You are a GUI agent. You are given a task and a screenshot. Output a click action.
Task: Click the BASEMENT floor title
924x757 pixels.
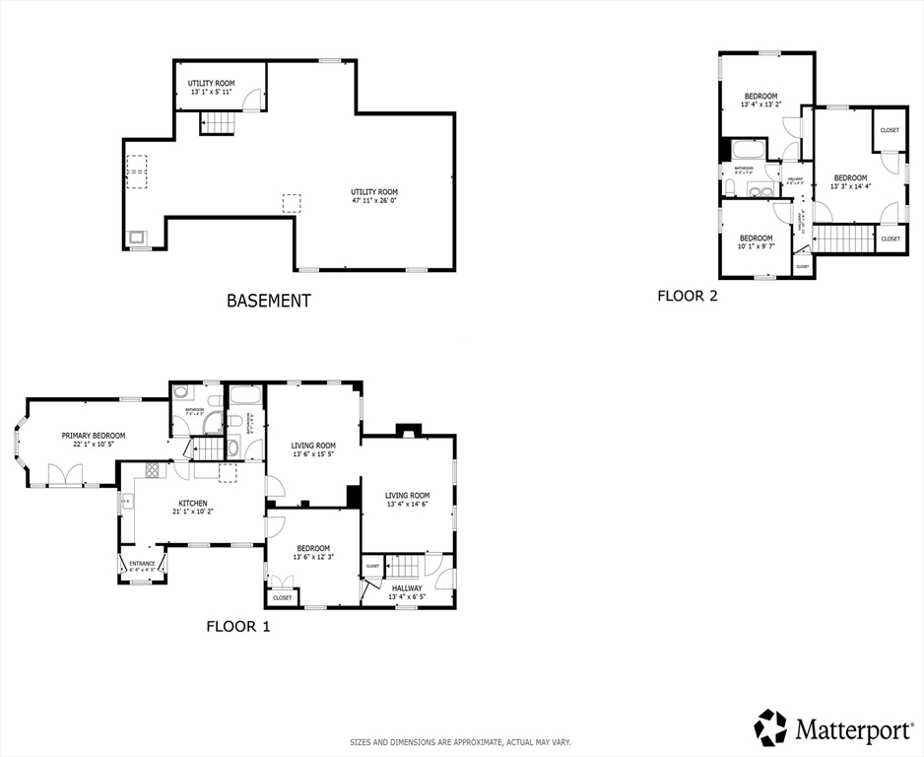point(269,301)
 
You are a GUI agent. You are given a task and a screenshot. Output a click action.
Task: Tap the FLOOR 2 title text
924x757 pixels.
point(688,295)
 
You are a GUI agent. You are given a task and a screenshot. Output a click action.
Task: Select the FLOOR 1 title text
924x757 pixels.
point(237,625)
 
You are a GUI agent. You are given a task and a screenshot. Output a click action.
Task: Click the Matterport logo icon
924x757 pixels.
point(770,727)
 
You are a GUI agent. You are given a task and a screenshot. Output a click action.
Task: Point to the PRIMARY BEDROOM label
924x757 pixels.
point(94,435)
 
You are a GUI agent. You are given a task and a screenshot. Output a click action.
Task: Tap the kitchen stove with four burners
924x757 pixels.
point(153,470)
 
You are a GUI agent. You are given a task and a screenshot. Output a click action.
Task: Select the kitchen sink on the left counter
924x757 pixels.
point(126,503)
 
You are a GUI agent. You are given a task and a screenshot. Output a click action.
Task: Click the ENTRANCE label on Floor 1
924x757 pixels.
point(142,564)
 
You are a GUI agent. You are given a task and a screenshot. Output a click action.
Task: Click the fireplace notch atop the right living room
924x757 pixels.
point(408,430)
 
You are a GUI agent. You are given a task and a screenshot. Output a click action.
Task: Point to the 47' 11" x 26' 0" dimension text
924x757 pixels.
point(374,201)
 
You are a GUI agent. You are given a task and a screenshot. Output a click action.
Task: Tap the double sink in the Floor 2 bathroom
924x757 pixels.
point(759,190)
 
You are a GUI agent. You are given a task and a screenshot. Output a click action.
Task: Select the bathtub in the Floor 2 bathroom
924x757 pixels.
point(746,151)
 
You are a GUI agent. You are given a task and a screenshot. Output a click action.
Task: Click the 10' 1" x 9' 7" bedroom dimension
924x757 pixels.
point(756,246)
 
